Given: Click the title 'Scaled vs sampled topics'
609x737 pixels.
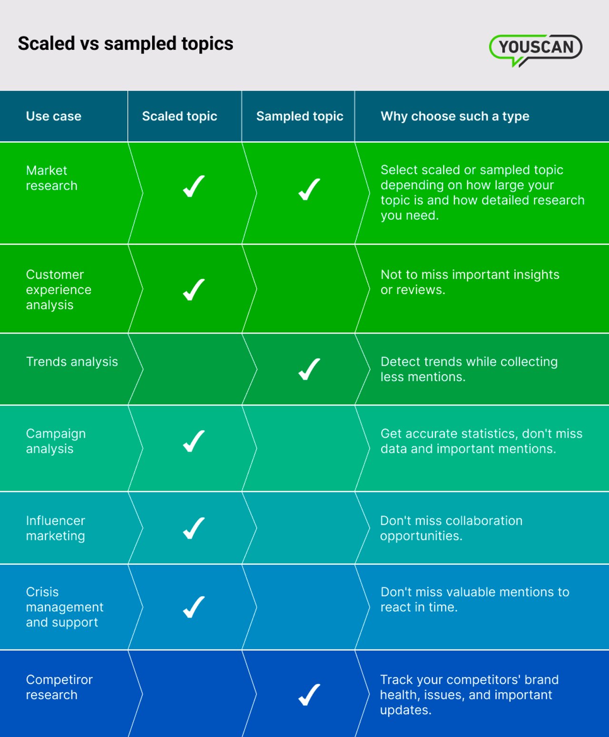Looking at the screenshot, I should [x=126, y=44].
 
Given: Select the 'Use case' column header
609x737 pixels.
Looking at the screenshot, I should [x=54, y=116].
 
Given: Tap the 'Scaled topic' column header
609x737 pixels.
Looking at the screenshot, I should [x=179, y=116].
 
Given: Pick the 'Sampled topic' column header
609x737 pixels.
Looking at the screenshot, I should [x=300, y=116].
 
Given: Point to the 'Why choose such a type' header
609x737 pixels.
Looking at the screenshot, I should [x=455, y=116].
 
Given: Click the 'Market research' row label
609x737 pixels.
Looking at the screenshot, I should [x=51, y=178].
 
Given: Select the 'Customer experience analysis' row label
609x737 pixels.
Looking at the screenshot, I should [x=59, y=289].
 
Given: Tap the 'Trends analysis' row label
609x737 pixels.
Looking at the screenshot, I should [x=72, y=362].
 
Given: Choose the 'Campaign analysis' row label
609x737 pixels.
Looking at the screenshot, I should [x=56, y=441].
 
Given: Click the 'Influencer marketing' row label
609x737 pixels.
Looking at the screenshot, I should [x=56, y=528].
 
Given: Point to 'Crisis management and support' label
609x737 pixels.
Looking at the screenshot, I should [x=64, y=607].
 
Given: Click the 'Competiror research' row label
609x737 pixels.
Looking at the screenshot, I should [x=59, y=687].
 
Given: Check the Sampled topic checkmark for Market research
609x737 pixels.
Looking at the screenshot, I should [x=309, y=189].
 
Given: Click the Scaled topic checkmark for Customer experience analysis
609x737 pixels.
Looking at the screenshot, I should [x=194, y=289].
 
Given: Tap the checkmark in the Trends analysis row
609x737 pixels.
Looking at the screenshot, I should [x=309, y=369].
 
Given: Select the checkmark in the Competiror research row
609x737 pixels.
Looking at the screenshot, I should [x=309, y=695].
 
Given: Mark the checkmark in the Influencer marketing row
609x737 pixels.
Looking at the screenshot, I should [x=194, y=528].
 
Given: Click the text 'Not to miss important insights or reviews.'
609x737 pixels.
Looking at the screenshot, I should [x=470, y=282].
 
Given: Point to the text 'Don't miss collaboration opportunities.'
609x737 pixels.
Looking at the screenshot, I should [x=451, y=528].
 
